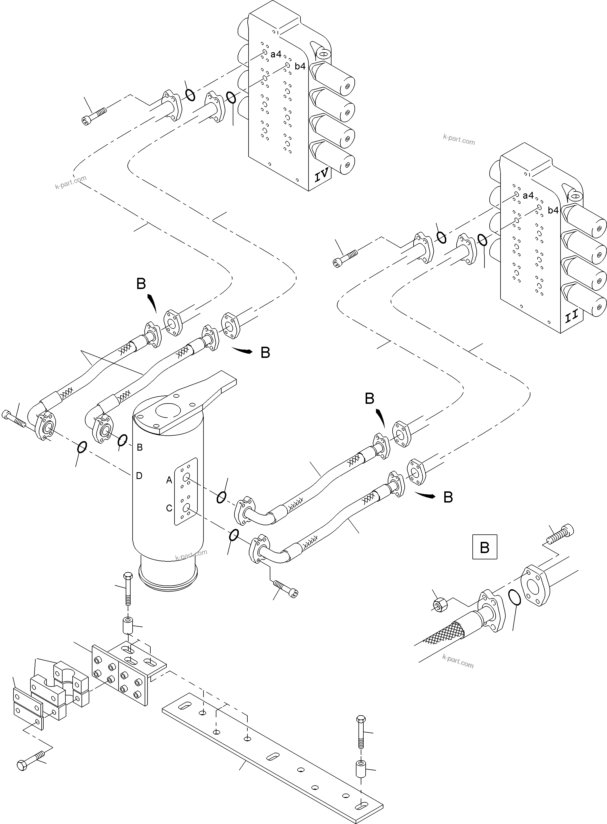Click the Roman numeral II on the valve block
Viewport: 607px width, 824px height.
[572, 316]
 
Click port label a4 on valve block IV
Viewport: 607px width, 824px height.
[276, 54]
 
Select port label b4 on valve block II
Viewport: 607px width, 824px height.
[553, 210]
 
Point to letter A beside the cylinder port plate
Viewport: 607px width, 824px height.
[169, 480]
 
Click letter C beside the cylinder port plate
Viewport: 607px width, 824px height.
[169, 508]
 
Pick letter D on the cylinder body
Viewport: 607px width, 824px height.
[139, 476]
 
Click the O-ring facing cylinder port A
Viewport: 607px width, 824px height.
[221, 497]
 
